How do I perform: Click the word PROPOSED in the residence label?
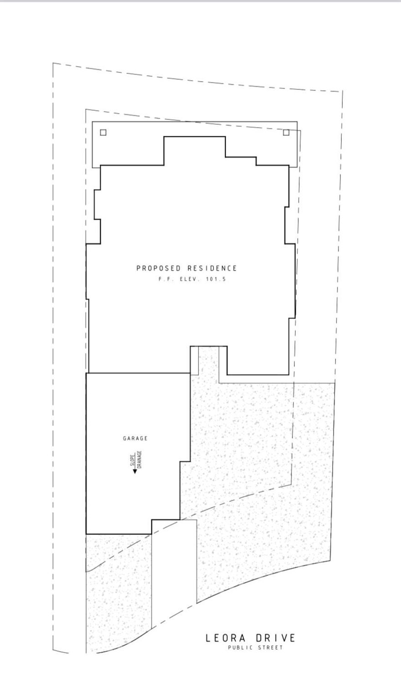click(x=159, y=268)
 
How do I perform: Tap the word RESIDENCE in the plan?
click(x=212, y=268)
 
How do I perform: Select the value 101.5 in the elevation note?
click(x=217, y=279)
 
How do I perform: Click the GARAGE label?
click(x=135, y=438)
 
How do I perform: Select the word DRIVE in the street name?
click(x=275, y=638)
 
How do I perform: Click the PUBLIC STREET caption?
click(x=255, y=648)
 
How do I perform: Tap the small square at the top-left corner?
click(x=103, y=133)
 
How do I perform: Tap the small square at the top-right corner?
click(x=286, y=133)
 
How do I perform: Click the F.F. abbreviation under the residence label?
click(x=164, y=279)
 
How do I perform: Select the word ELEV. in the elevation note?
click(x=189, y=279)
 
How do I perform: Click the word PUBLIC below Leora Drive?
click(x=241, y=648)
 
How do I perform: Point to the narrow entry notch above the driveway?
click(x=195, y=360)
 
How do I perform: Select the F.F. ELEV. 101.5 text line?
click(x=192, y=279)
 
